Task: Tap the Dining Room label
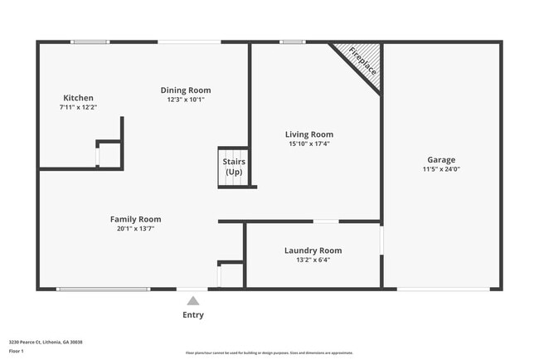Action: pyautogui.click(x=186, y=90)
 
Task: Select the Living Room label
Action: pyautogui.click(x=308, y=134)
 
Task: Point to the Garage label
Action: pyautogui.click(x=441, y=160)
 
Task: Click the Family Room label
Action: pyautogui.click(x=135, y=219)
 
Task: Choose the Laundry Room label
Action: pyautogui.click(x=313, y=251)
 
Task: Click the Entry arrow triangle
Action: pyautogui.click(x=192, y=301)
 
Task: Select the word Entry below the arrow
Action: pyautogui.click(x=192, y=315)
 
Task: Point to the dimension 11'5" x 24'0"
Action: pyautogui.click(x=441, y=169)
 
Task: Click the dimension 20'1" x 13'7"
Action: pyautogui.click(x=135, y=228)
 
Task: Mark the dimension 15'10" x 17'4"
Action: pyautogui.click(x=308, y=144)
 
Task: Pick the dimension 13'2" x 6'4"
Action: pyautogui.click(x=313, y=260)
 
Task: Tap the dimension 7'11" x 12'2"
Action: pyautogui.click(x=78, y=107)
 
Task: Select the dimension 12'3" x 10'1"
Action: pyautogui.click(x=186, y=100)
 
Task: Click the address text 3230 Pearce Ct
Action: pyautogui.click(x=46, y=342)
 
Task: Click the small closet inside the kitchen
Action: pyautogui.click(x=109, y=155)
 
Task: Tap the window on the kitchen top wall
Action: pyautogui.click(x=90, y=41)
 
